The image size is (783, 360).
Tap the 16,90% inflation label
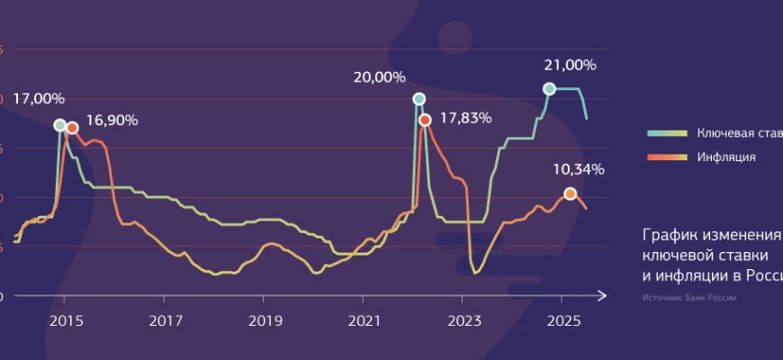112,121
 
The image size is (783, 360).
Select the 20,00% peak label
380,77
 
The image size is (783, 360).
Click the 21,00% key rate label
571,65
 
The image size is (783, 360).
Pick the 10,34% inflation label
578,168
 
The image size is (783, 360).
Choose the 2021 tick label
364,319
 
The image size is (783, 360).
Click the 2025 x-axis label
562,319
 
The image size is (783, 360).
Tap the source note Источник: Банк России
690,297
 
